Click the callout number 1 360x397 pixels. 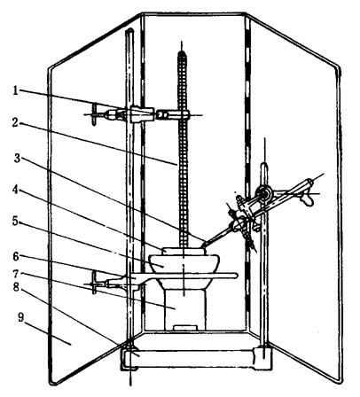15,91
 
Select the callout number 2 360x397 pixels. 15,122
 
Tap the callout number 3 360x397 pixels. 18,158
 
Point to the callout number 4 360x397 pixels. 15,190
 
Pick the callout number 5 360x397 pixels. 15,221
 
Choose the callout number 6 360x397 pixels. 16,257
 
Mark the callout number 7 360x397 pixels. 16,274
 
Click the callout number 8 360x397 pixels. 16,287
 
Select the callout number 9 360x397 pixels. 20,317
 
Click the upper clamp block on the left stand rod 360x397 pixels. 142,114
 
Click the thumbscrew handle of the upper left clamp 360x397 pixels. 94,114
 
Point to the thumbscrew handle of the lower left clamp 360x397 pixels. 94,283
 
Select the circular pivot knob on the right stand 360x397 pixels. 265,194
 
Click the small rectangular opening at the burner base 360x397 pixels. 185,328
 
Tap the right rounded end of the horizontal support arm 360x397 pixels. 234,276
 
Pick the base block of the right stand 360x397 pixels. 262,358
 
